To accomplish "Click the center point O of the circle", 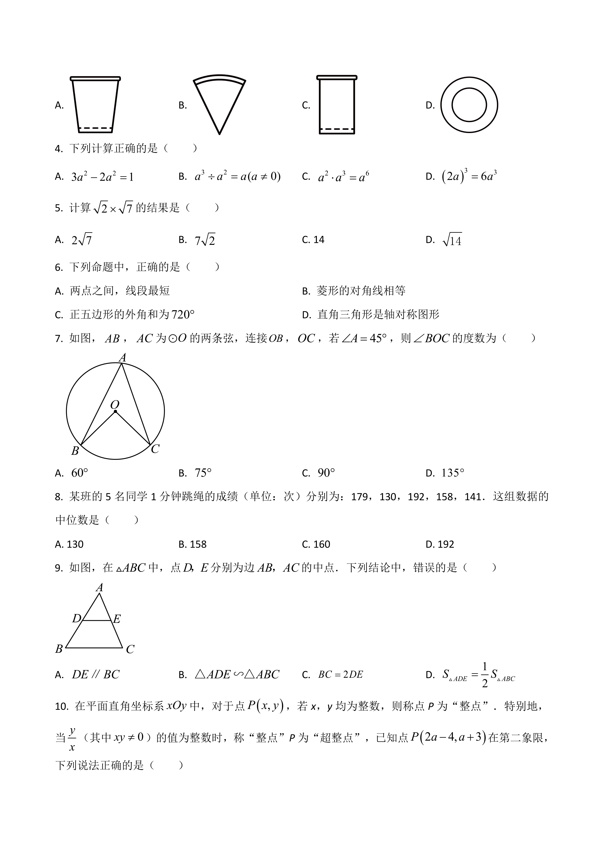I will (115, 411).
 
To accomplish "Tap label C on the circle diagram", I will (155, 449).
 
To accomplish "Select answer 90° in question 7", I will (326, 473).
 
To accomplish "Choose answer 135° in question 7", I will (453, 473).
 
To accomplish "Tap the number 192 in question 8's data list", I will (416, 497).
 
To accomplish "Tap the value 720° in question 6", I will (183, 315).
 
